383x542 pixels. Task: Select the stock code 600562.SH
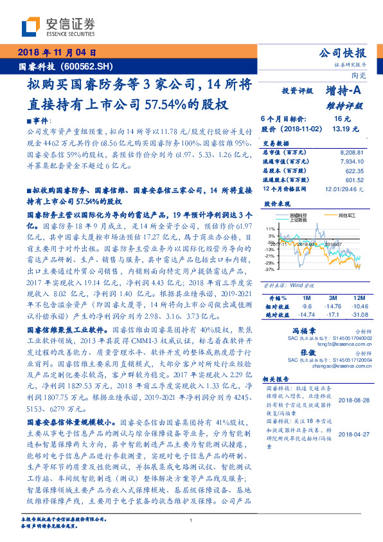[94, 66]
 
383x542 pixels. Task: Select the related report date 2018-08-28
[352, 400]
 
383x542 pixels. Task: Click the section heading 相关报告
[277, 380]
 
